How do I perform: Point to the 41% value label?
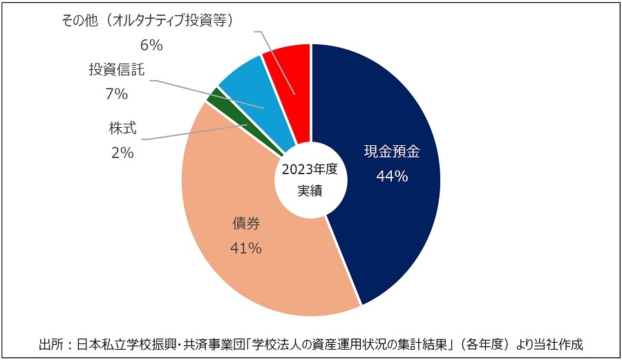(x=246, y=249)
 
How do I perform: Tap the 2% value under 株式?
(x=122, y=153)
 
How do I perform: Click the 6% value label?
(x=151, y=46)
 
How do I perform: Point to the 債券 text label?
(x=246, y=224)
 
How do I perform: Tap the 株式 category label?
(x=123, y=129)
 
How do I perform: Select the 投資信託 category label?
(x=117, y=70)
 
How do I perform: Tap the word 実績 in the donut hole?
(x=310, y=191)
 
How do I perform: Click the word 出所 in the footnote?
(x=53, y=343)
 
